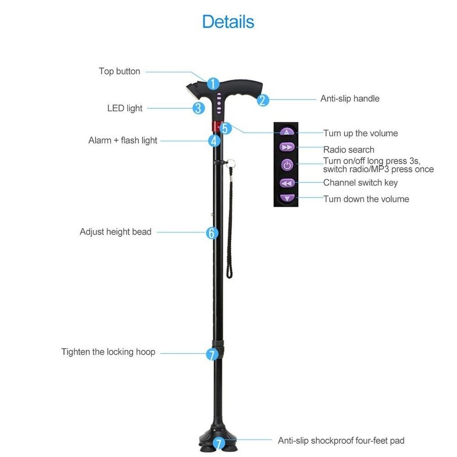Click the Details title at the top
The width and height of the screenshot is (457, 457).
point(228,22)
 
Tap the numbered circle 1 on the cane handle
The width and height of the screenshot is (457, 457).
point(213,84)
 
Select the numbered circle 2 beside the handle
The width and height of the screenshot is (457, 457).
point(263,100)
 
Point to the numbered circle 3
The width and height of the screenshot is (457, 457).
point(199,108)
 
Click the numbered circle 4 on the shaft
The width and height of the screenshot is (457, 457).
point(214,141)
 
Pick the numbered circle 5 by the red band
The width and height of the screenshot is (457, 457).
point(225,128)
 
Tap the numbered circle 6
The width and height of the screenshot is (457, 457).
point(212,233)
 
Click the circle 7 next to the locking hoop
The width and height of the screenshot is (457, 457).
point(212,354)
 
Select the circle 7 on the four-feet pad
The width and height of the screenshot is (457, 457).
point(218,443)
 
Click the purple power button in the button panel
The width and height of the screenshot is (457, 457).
point(287,165)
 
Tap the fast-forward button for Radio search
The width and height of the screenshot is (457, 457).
point(287,147)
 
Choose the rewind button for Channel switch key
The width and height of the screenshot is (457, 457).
point(287,183)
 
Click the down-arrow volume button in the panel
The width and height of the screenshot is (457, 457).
point(287,198)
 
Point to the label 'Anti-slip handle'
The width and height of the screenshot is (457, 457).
point(350,99)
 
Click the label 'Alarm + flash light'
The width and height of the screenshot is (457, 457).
point(123,141)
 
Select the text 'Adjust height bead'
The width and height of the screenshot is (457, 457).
point(115,232)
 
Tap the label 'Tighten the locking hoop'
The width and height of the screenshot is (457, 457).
point(108,352)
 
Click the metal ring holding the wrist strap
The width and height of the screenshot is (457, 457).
point(230,163)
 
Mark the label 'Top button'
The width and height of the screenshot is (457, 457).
point(119,72)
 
